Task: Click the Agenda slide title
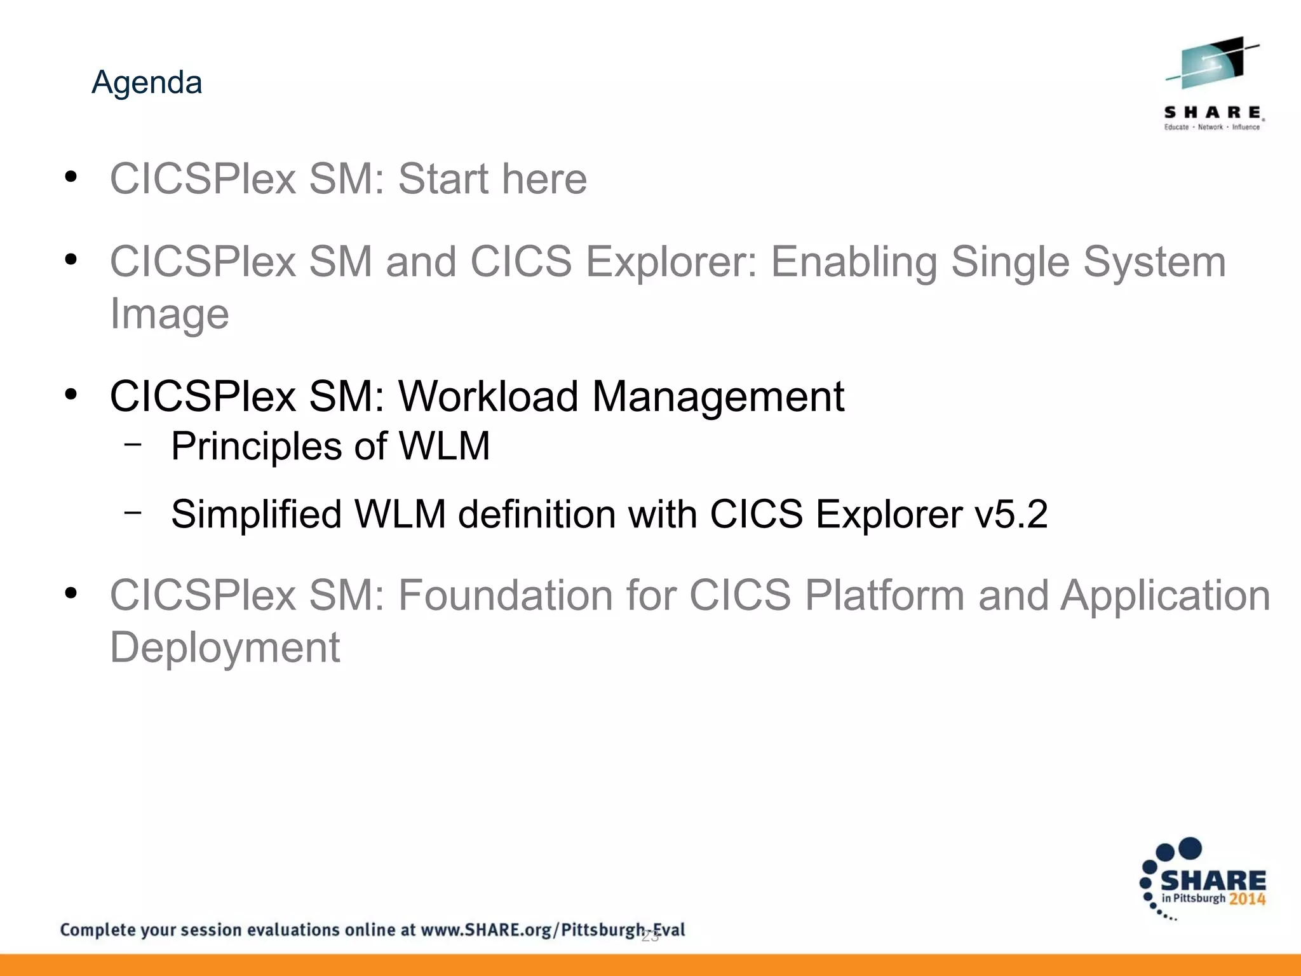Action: [x=147, y=83]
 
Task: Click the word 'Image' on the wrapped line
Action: [x=169, y=314]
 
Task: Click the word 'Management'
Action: [x=718, y=396]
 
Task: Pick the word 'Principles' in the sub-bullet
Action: [x=255, y=446]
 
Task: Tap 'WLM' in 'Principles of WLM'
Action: [x=444, y=446]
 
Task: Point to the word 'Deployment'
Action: [x=225, y=647]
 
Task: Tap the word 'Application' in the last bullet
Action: [x=1165, y=595]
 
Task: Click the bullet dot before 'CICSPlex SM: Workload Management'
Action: [x=71, y=395]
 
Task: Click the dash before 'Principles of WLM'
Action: [x=133, y=444]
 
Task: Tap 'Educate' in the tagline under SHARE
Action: [x=1176, y=127]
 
